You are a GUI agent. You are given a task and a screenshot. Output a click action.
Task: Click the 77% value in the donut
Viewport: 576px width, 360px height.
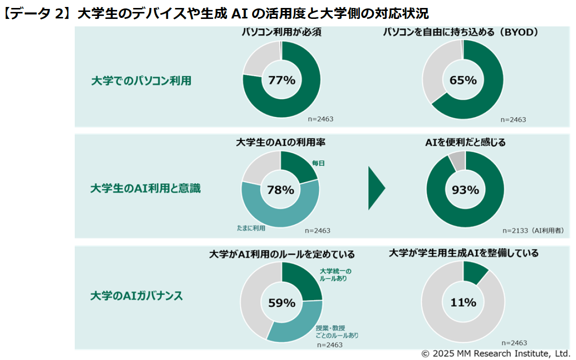tap(282, 80)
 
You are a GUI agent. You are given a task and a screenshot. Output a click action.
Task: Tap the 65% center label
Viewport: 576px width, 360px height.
tap(463, 80)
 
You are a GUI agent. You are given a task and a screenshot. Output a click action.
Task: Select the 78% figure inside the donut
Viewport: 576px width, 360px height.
tap(281, 190)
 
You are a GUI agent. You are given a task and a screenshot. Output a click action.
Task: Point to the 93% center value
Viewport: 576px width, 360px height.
tap(465, 190)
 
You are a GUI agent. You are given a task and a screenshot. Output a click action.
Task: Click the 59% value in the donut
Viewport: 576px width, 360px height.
tap(282, 302)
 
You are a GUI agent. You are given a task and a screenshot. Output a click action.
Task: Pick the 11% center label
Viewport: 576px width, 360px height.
tap(463, 302)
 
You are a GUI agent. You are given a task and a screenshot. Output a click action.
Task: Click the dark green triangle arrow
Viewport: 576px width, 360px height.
tap(376, 188)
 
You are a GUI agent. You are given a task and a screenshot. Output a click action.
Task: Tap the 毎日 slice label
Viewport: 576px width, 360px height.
tap(318, 163)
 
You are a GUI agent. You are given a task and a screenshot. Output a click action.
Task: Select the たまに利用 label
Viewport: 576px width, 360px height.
tap(251, 228)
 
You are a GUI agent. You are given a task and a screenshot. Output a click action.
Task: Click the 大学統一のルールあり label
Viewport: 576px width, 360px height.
tap(335, 275)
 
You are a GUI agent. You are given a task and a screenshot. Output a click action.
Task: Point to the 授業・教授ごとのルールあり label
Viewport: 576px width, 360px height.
tap(337, 332)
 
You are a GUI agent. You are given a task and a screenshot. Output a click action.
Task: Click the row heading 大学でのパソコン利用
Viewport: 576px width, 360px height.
tap(141, 81)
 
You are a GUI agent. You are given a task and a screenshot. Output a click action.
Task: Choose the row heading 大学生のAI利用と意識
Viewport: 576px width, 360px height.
tap(145, 189)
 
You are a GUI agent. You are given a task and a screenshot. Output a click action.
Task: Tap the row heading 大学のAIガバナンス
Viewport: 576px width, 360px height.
tap(136, 296)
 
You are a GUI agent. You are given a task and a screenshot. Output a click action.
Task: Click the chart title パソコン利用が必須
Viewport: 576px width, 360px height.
tap(281, 32)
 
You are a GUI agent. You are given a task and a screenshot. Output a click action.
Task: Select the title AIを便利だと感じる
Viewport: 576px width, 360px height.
tap(465, 143)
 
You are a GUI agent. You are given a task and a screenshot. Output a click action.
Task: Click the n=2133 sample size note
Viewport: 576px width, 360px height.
tap(533, 231)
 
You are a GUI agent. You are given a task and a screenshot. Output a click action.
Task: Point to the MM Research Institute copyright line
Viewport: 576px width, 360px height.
tap(495, 353)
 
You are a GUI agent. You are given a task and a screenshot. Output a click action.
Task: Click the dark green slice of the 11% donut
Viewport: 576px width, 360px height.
tap(474, 271)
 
